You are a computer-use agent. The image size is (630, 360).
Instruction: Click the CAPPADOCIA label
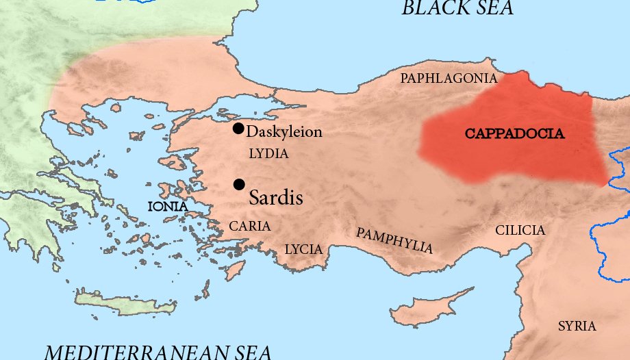[515, 134]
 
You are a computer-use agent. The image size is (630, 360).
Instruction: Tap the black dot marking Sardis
[239, 184]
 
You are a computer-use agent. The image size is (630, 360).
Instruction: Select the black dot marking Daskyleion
[238, 128]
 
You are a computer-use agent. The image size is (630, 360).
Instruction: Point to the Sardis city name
[276, 198]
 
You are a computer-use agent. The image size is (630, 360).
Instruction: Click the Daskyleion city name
[283, 132]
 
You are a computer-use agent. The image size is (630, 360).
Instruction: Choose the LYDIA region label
[268, 154]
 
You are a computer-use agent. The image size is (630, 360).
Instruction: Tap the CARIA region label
[249, 226]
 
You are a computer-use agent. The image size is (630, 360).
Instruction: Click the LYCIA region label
[303, 249]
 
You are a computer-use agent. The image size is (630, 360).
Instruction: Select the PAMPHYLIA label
[394, 240]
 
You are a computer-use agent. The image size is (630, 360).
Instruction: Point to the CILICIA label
[520, 231]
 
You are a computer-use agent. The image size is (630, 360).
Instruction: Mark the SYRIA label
[577, 326]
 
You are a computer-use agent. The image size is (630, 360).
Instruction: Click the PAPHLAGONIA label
[449, 79]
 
